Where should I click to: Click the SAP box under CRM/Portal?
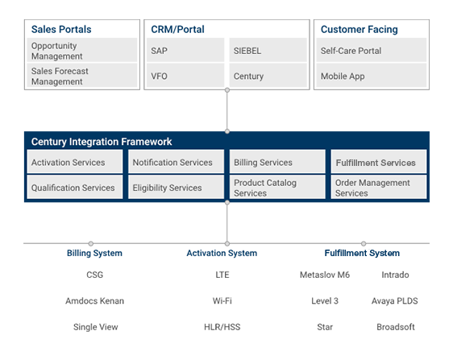185,50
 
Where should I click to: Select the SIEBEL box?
268,50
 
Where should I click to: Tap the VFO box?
185,76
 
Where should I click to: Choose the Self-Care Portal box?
372,50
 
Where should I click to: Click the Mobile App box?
372,76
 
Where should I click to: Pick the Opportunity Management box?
82,50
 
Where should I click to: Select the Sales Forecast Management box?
82,76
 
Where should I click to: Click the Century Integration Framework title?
102,142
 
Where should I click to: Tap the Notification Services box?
176,162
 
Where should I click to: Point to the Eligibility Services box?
176,187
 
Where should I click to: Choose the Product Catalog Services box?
277,187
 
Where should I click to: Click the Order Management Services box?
379,187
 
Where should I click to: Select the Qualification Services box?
75,187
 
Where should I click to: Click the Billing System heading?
94,253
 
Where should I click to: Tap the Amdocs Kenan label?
95,301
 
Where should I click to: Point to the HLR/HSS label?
222,327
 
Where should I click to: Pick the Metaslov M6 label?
325,275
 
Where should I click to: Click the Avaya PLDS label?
395,301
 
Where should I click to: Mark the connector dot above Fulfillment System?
364,243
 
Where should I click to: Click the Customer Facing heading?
359,29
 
